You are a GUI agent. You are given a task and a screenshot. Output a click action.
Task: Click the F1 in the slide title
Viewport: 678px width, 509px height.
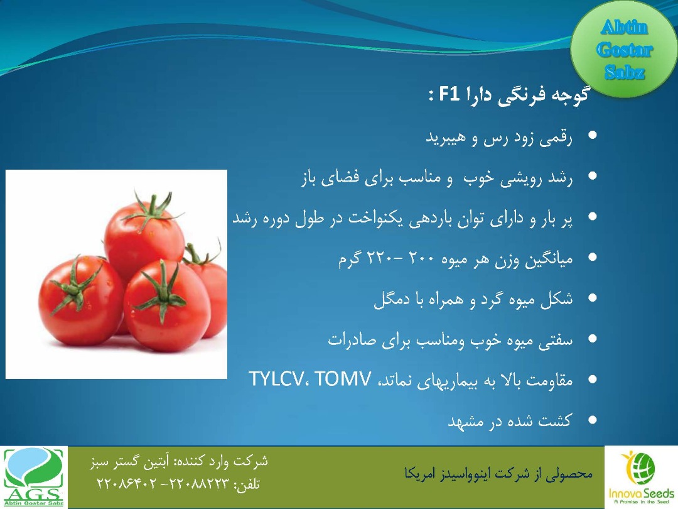tap(449, 94)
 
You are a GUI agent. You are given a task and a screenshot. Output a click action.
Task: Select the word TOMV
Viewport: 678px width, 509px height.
tap(343, 379)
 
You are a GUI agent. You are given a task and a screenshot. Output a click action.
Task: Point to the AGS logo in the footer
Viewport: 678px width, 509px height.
tap(34, 477)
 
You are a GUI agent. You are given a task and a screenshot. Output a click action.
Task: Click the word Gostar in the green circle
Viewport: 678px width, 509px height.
tap(624, 50)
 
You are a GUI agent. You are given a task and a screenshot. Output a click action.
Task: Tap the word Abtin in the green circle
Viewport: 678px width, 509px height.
tap(624, 28)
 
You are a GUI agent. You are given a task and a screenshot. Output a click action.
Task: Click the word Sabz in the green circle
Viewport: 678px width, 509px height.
tap(625, 72)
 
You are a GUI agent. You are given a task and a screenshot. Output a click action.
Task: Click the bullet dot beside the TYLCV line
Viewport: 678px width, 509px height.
tap(592, 379)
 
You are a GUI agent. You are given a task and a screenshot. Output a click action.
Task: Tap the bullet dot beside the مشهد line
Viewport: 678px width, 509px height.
tap(592, 419)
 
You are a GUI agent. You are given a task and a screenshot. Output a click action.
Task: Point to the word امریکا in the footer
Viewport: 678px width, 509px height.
tap(420, 474)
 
